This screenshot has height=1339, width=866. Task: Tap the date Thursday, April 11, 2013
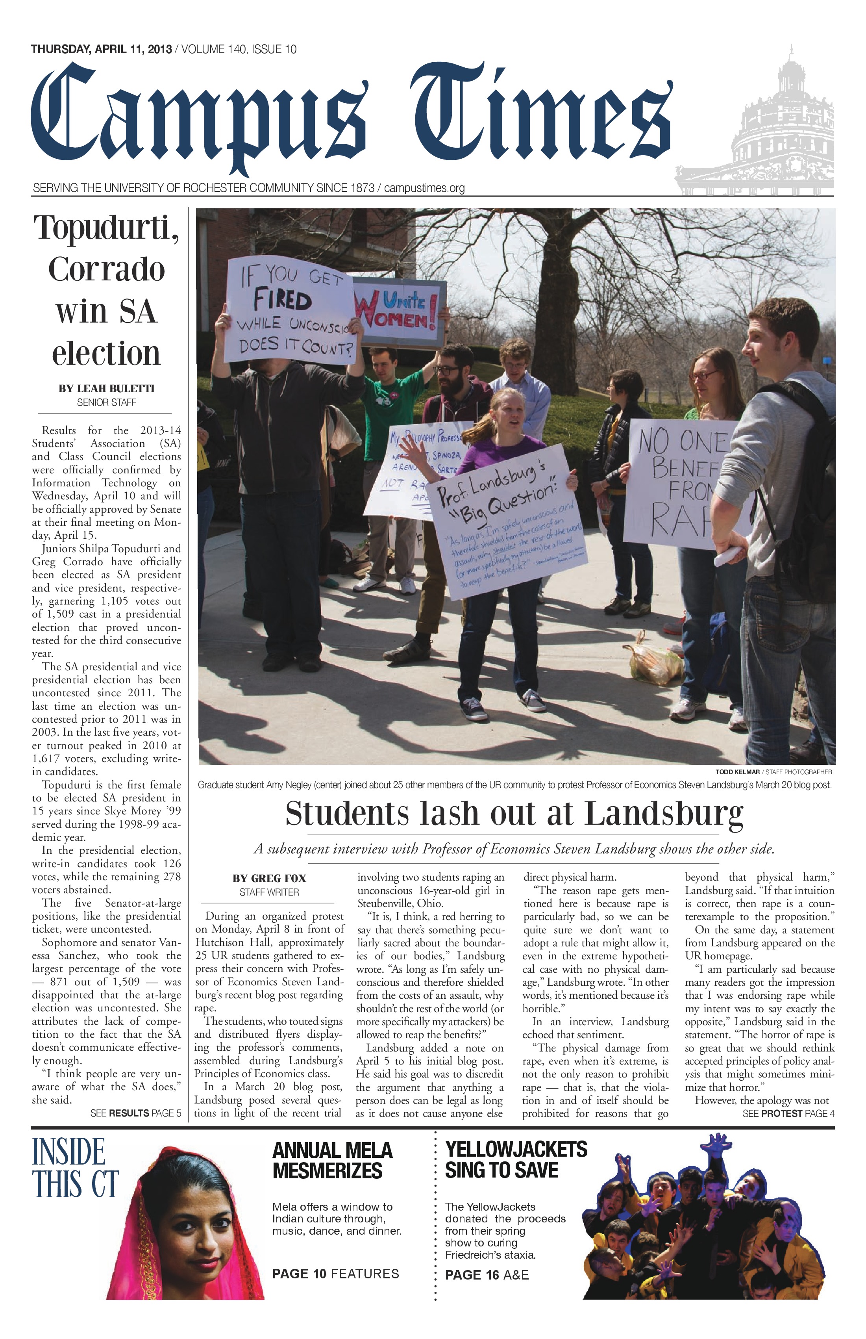(101, 50)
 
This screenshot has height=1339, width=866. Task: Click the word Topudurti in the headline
(106, 228)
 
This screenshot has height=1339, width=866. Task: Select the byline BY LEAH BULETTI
(106, 389)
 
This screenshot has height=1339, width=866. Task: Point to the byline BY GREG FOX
(269, 878)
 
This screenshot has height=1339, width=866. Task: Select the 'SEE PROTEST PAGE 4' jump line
(788, 1113)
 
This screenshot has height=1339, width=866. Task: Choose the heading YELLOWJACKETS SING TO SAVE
(516, 1159)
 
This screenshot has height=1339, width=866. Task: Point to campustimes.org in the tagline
(425, 188)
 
